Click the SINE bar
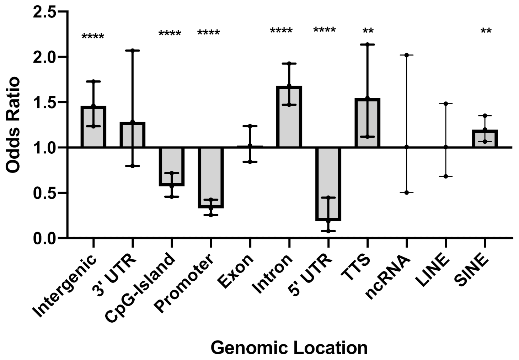click(x=485, y=139)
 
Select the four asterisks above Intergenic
click(x=93, y=37)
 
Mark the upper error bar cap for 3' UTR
click(x=132, y=51)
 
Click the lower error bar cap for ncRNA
click(x=406, y=192)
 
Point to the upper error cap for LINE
click(x=445, y=104)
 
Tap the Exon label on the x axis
click(x=236, y=271)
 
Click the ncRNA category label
click(x=388, y=277)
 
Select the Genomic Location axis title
click(x=289, y=348)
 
